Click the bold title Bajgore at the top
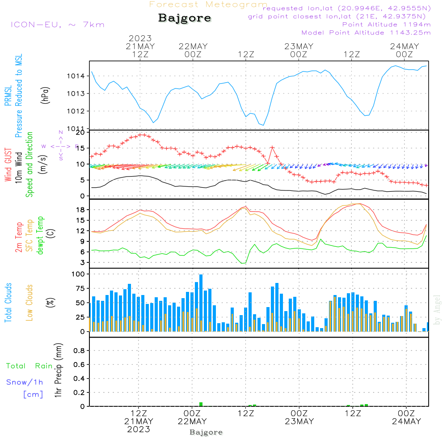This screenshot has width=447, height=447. [185, 18]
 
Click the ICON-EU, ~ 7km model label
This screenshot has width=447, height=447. [57, 24]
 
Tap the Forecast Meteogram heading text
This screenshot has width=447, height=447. [208, 4]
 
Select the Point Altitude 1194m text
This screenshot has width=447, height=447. [386, 24]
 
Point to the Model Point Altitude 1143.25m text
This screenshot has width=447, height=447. [366, 33]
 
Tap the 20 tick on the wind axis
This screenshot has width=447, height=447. [80, 132]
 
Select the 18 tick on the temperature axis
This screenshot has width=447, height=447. [80, 210]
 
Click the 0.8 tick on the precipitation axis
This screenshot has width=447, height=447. [79, 351]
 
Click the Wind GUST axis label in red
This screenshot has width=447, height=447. [8, 165]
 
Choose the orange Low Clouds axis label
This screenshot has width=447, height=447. [30, 302]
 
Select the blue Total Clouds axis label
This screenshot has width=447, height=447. [8, 302]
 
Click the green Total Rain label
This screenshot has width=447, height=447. [29, 366]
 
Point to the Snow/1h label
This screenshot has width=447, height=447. [25, 382]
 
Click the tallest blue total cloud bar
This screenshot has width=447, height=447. [201, 303]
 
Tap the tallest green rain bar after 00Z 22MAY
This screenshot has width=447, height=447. [201, 404]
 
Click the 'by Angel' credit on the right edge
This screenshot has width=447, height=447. [438, 310]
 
